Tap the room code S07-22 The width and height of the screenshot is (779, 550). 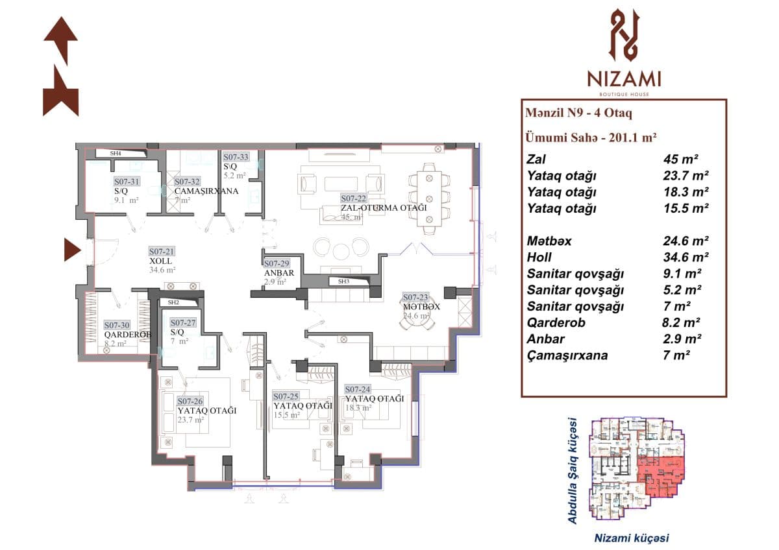pyautogui.click(x=354, y=198)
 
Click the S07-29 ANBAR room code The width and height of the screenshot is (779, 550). pyautogui.click(x=277, y=264)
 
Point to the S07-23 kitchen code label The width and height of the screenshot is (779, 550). pyautogui.click(x=415, y=297)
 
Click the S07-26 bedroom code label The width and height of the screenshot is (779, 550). pyautogui.click(x=190, y=401)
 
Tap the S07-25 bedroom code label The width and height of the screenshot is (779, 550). pyautogui.click(x=286, y=396)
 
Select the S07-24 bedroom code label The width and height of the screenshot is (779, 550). pyautogui.click(x=358, y=389)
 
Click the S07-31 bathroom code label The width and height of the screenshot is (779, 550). pyautogui.click(x=127, y=182)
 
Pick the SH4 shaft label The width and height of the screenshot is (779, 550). pyautogui.click(x=116, y=154)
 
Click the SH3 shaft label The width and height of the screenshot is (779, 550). pyautogui.click(x=343, y=281)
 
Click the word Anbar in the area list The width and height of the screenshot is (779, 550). pyautogui.click(x=545, y=339)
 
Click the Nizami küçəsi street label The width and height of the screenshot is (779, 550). pyautogui.click(x=632, y=538)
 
